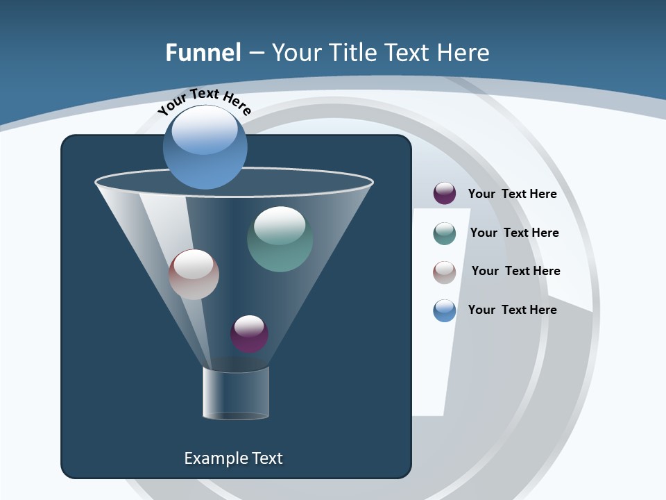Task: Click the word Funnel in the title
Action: coord(203,53)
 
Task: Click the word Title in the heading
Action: coord(353,53)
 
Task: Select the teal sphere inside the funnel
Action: coord(280,240)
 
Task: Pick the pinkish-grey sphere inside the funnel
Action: coord(194,275)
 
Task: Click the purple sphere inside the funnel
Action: coord(249,334)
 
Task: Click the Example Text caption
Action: coord(233,458)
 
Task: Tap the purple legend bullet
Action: coord(445,194)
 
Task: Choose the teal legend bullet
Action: coord(445,233)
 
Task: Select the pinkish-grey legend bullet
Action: coord(445,272)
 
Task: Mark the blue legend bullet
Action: coord(445,310)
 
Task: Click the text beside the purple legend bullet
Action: coord(512,194)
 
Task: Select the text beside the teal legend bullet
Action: coord(514,233)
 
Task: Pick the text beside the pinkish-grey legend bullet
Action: coord(515,272)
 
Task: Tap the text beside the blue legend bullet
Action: coord(512,310)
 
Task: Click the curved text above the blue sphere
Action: coord(204,101)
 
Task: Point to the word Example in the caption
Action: coord(215,458)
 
